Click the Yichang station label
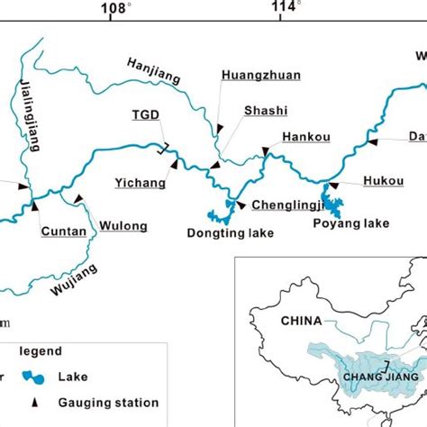[x=140, y=183]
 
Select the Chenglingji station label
[x=286, y=204]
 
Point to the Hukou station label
[x=383, y=181]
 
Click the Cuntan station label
[x=64, y=232]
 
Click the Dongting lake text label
[x=230, y=233]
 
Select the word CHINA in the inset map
[x=303, y=321]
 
